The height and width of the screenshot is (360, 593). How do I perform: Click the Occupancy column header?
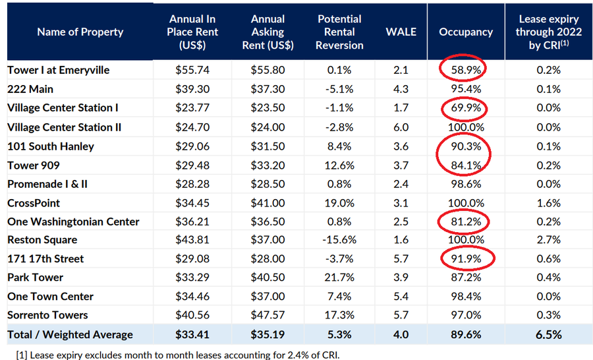pos(466,32)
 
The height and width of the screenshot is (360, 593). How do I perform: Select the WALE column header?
pos(401,32)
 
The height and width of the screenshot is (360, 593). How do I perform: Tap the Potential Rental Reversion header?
pos(339,32)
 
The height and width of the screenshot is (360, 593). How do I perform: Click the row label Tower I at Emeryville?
pos(59,70)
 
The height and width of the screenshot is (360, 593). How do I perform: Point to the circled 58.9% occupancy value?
pos(466,70)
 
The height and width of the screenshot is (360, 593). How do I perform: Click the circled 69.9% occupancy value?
pos(466,107)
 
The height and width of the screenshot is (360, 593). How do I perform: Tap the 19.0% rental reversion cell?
pos(339,202)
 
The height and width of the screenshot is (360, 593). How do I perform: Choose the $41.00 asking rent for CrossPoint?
pos(268,202)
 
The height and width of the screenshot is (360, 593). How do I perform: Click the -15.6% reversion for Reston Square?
pos(339,240)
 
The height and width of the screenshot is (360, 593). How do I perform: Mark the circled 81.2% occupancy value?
pos(466,222)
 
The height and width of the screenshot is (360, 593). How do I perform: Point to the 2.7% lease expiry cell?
pos(548,240)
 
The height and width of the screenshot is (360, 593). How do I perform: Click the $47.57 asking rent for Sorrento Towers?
pos(268,315)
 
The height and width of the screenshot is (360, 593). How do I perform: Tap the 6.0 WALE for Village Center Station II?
pos(401,127)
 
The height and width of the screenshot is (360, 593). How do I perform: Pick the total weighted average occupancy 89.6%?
pos(466,335)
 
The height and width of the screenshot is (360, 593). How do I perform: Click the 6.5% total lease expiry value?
pos(548,335)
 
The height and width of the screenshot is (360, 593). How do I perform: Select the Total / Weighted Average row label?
pos(71,335)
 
